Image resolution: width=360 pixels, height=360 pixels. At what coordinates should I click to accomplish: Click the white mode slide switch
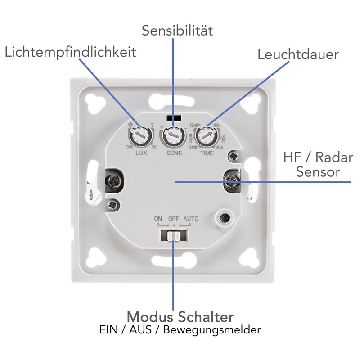(x=172, y=235)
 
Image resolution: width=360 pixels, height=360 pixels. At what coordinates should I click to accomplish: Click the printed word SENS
(x=173, y=153)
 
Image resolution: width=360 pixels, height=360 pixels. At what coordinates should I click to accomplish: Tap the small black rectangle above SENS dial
(x=173, y=118)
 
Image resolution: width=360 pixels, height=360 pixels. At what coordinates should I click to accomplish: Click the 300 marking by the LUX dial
(x=130, y=148)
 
